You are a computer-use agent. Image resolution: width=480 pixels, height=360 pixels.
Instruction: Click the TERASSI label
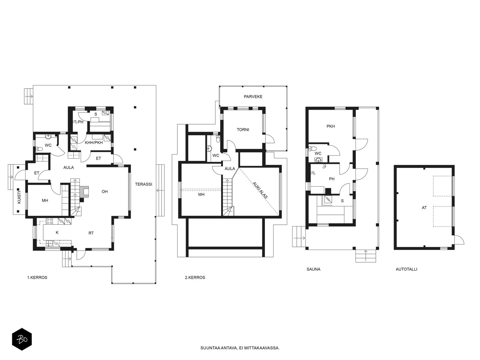pos(143,184)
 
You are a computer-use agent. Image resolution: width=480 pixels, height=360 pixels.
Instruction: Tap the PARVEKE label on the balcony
pos(253,97)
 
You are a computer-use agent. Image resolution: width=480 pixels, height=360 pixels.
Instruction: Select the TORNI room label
pos(243,130)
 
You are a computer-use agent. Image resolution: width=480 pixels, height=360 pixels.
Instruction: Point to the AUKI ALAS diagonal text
pos(260,190)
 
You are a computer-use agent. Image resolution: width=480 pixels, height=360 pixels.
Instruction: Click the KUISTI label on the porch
pos(19,197)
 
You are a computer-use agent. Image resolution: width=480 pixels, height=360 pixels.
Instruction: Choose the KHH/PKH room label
pos(94,143)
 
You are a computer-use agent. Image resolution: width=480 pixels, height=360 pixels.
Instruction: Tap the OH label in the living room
pos(105,192)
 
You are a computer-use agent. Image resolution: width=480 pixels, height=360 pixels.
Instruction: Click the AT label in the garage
pos(424,208)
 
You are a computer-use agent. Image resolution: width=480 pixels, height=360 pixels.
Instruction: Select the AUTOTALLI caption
pos(406,269)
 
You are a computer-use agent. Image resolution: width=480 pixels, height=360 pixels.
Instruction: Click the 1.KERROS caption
pos(37,277)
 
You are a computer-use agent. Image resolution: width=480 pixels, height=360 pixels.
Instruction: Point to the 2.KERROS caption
pos(195,277)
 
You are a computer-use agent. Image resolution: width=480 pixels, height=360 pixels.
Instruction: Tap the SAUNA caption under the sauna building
pos(313,269)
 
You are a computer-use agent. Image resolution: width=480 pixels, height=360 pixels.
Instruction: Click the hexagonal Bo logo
pos(22,340)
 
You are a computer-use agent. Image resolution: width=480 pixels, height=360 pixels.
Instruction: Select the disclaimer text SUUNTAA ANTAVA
pos(219,348)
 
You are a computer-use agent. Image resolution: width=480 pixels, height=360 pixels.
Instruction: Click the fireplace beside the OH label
pos(84,192)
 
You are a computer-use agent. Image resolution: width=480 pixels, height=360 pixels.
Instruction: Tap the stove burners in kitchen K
pos(49,221)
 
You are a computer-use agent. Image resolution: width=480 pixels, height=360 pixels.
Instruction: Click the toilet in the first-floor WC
pos(39,149)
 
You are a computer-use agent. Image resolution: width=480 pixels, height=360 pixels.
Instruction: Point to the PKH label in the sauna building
pos(331,126)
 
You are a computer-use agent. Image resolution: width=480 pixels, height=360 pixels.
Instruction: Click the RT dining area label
pos(91,233)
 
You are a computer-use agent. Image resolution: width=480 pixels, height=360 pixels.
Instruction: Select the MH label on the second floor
pos(201,194)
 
